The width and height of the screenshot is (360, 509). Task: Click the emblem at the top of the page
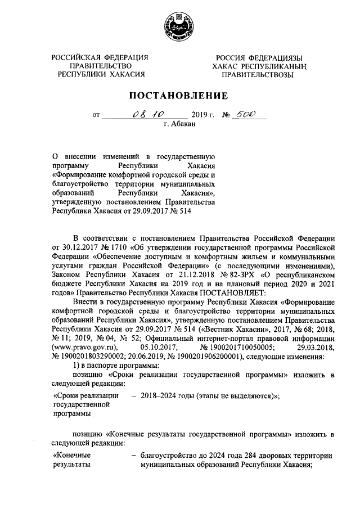(180, 26)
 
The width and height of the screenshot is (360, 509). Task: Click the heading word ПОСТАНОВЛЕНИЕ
(180, 95)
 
